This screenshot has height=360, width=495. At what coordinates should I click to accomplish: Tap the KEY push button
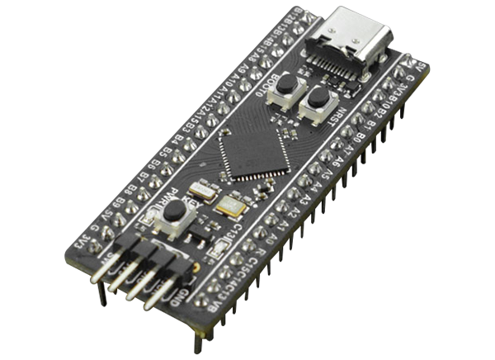(174, 211)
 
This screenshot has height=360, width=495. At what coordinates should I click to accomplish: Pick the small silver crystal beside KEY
(202, 192)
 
